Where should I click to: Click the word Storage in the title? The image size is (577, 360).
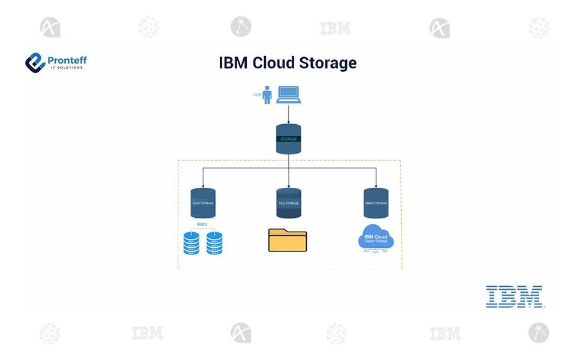point(328,62)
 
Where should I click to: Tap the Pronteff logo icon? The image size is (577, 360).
point(35,62)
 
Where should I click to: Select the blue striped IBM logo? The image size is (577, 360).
point(515,296)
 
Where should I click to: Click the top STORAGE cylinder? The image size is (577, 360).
point(289,139)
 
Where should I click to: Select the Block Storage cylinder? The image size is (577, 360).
point(203,203)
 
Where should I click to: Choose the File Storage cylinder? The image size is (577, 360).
point(289,203)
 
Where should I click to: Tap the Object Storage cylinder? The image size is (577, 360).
point(376,203)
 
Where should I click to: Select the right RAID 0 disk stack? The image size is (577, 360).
point(214,243)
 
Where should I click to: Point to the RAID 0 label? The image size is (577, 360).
point(202,224)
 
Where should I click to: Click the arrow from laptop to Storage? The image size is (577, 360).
point(289,113)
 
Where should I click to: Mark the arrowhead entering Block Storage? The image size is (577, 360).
point(203,184)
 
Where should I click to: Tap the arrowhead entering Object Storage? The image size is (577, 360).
point(376,184)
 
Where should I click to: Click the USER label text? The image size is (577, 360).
point(256,95)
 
